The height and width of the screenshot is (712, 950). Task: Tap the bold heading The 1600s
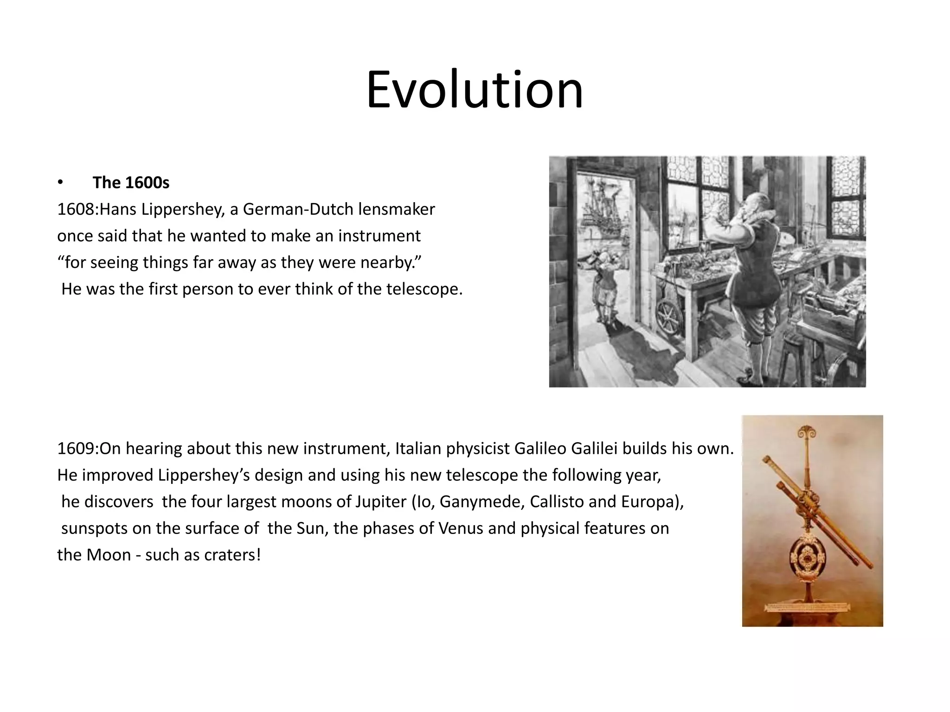(x=131, y=183)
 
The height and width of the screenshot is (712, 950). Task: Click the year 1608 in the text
(x=76, y=210)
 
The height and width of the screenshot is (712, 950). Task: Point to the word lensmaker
(x=397, y=210)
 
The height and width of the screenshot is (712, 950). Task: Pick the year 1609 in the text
(x=76, y=449)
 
